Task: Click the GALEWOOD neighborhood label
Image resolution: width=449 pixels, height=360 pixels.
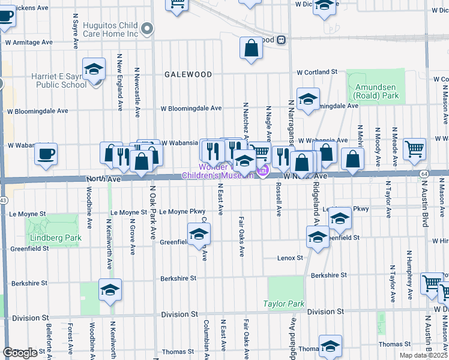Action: (x=188, y=74)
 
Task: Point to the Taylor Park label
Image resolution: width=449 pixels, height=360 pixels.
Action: (x=284, y=304)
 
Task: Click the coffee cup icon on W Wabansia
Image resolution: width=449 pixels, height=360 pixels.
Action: (x=46, y=154)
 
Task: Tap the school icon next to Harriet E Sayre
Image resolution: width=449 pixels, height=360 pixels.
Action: (x=94, y=70)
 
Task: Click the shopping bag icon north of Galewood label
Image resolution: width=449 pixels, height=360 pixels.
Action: (x=252, y=49)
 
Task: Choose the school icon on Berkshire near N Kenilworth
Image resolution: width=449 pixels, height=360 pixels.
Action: (x=110, y=290)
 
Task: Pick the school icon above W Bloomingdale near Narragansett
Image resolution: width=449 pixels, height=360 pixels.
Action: (x=308, y=99)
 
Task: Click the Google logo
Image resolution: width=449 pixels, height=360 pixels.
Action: (x=20, y=353)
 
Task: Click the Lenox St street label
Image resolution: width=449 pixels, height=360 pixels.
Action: (x=291, y=257)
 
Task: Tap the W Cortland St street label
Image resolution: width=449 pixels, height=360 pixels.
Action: (x=318, y=72)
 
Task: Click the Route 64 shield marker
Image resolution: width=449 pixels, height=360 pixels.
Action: (x=424, y=173)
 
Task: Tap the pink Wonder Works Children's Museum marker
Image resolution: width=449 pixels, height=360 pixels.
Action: (x=262, y=172)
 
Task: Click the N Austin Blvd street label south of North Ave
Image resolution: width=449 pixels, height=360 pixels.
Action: (x=425, y=210)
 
